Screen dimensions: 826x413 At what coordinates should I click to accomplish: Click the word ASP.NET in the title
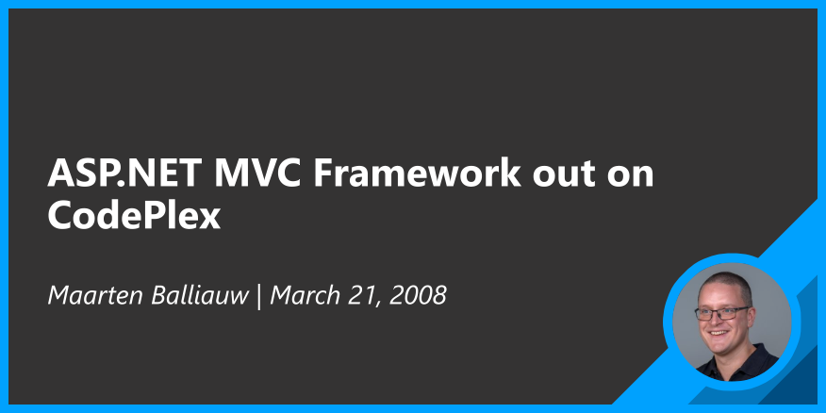(x=124, y=173)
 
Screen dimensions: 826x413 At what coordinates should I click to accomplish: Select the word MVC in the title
(x=257, y=173)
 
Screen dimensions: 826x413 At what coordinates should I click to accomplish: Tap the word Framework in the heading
(x=417, y=173)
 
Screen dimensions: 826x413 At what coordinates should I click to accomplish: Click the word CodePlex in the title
(x=134, y=216)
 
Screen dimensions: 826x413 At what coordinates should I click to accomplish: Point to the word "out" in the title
(x=564, y=174)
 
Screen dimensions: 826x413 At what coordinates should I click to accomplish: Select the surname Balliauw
(x=200, y=295)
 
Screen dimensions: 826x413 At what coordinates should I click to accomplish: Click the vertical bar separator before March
(x=259, y=296)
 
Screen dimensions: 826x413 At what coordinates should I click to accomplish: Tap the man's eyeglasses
(x=722, y=313)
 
